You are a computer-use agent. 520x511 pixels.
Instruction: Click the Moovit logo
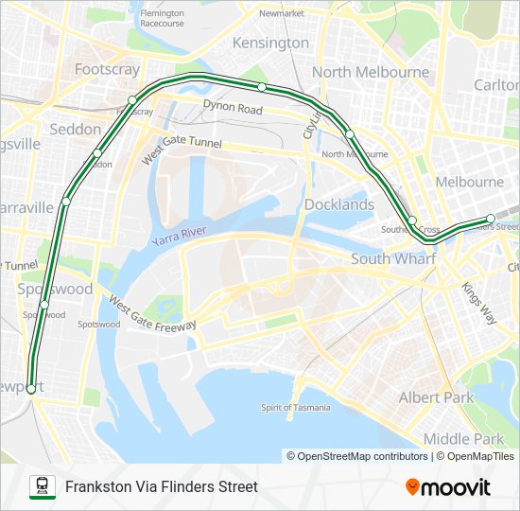448,487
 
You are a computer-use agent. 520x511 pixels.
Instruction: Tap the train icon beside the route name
43,486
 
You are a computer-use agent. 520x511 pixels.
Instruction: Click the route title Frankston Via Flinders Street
161,487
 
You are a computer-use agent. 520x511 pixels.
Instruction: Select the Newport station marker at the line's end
31,389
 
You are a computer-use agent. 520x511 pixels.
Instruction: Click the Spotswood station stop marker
44,304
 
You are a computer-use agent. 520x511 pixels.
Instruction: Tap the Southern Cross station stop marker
412,221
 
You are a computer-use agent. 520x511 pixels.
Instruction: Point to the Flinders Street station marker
490,219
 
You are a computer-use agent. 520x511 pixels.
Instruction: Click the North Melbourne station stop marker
349,133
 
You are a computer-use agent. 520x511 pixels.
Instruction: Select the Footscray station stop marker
132,99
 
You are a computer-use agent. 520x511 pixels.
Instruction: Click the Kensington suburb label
271,44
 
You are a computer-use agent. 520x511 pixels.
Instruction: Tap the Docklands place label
339,204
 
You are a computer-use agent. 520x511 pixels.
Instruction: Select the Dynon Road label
232,110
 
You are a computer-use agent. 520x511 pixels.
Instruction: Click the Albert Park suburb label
436,397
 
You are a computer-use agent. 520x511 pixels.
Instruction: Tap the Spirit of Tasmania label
296,408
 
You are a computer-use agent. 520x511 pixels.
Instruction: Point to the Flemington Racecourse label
162,19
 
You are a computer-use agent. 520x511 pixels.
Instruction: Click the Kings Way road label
478,303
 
